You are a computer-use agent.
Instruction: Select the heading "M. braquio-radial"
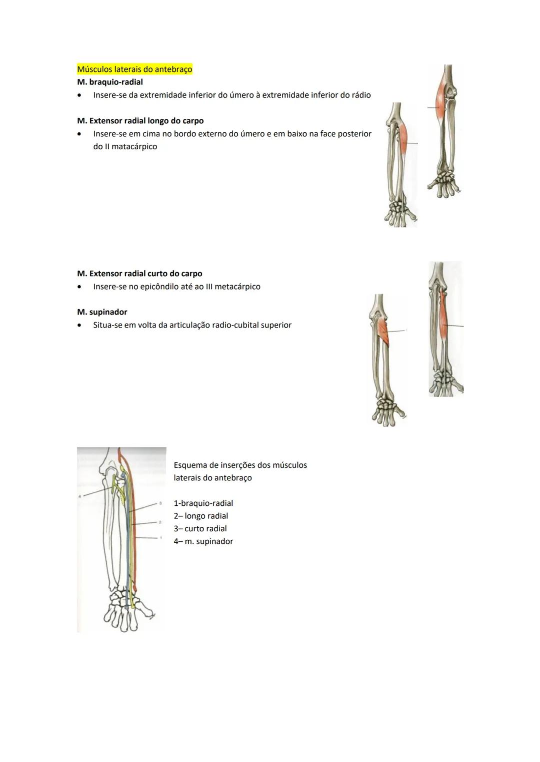point(110,82)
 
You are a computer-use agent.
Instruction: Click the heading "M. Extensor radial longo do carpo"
point(140,121)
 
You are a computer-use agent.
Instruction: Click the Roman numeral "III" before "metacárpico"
point(209,287)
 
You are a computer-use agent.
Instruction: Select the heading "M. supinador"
point(102,312)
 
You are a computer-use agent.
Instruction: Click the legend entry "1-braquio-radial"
point(203,503)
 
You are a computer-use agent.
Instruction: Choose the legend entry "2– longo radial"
point(201,516)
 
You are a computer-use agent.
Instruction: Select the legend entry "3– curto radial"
point(200,529)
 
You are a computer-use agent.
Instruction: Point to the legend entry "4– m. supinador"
point(203,542)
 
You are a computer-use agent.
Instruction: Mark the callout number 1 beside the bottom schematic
point(160,538)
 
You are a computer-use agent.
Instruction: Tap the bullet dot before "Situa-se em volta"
point(79,325)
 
